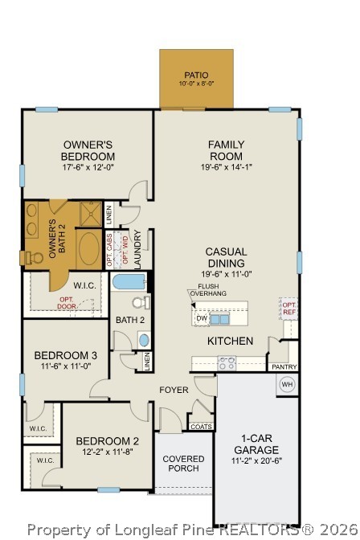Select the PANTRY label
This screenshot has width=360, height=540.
pos(284,367)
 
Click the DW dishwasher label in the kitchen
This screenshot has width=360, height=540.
pos(201,318)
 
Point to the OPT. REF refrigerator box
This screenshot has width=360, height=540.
pos(288,307)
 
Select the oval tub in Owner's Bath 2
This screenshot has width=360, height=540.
pos(89,249)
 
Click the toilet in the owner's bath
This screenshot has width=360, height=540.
pos(34,257)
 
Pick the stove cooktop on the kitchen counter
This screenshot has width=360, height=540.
pos(227,362)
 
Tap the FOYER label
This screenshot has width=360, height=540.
pos(174,391)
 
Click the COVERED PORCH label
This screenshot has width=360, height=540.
pos(183,464)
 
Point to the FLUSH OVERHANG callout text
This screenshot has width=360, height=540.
pos(207,290)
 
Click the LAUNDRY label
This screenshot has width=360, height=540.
pos(138,249)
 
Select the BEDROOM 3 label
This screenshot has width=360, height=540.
pos(66,355)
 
